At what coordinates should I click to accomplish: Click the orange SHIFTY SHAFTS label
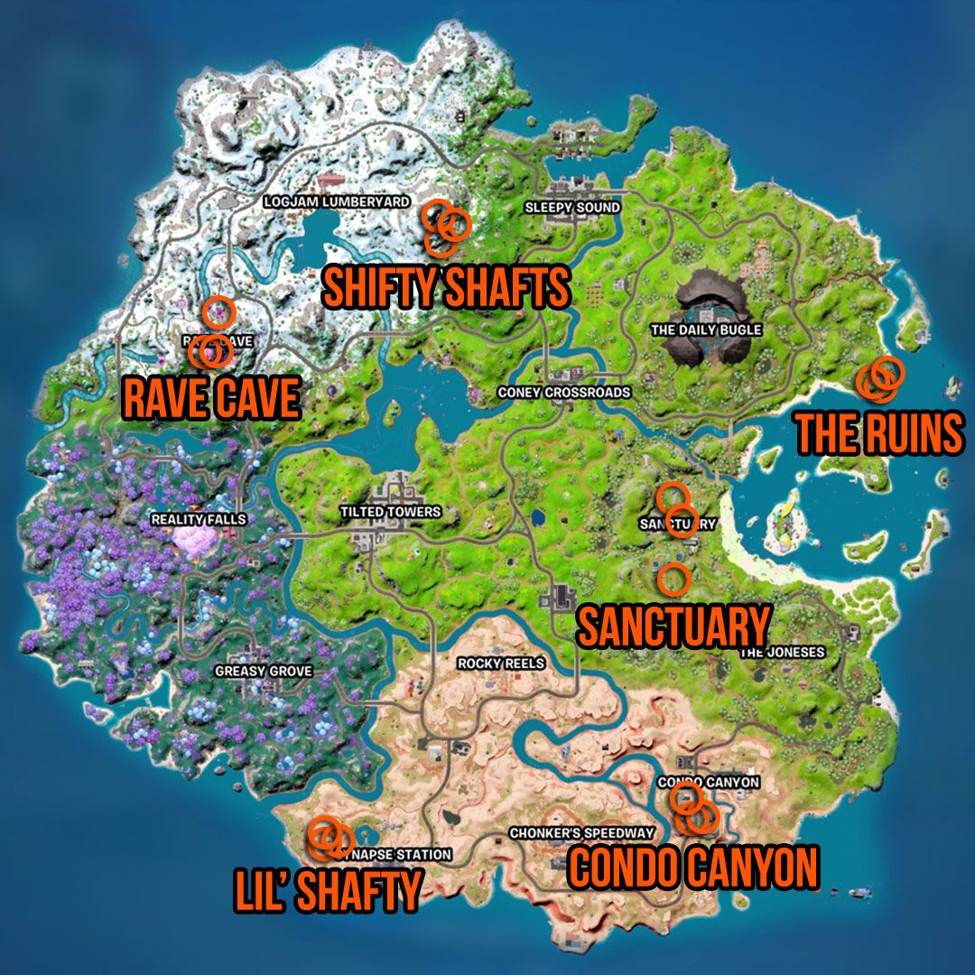(446, 288)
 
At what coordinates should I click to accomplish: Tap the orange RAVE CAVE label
(210, 398)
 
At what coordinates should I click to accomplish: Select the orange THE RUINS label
(878, 434)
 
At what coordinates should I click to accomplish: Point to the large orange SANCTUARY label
(673, 627)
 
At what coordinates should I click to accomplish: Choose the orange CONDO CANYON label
(692, 867)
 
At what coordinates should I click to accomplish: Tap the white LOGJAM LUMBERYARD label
(336, 201)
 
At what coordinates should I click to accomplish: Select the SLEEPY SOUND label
(572, 208)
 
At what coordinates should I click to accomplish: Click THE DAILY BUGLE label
(706, 330)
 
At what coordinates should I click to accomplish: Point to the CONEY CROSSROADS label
(564, 393)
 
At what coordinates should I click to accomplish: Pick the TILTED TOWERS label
(390, 512)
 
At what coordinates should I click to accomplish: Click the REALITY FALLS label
(199, 520)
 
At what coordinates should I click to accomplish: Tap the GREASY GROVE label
(264, 672)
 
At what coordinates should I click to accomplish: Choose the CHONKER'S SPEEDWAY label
(581, 832)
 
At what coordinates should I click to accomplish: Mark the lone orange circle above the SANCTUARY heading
(673, 577)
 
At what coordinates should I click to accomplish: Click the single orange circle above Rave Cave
(218, 312)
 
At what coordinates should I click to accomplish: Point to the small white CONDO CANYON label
(709, 782)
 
